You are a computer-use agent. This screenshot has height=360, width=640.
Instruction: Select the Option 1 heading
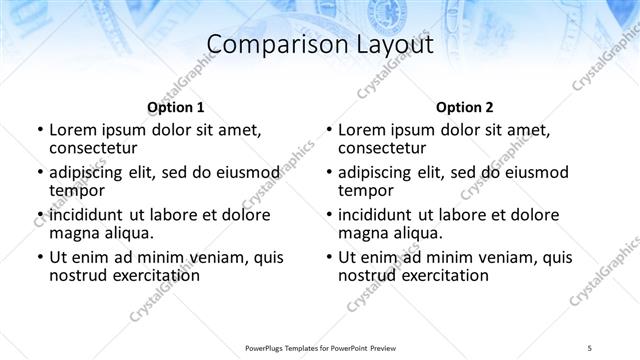pos(175,106)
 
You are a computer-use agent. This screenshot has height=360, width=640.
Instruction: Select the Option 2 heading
pos(464,106)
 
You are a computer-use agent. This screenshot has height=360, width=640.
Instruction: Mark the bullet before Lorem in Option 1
pos(40,130)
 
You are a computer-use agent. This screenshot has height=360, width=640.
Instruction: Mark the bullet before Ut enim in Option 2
pos(329,257)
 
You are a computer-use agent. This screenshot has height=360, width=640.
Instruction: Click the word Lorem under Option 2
pos(362,130)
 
